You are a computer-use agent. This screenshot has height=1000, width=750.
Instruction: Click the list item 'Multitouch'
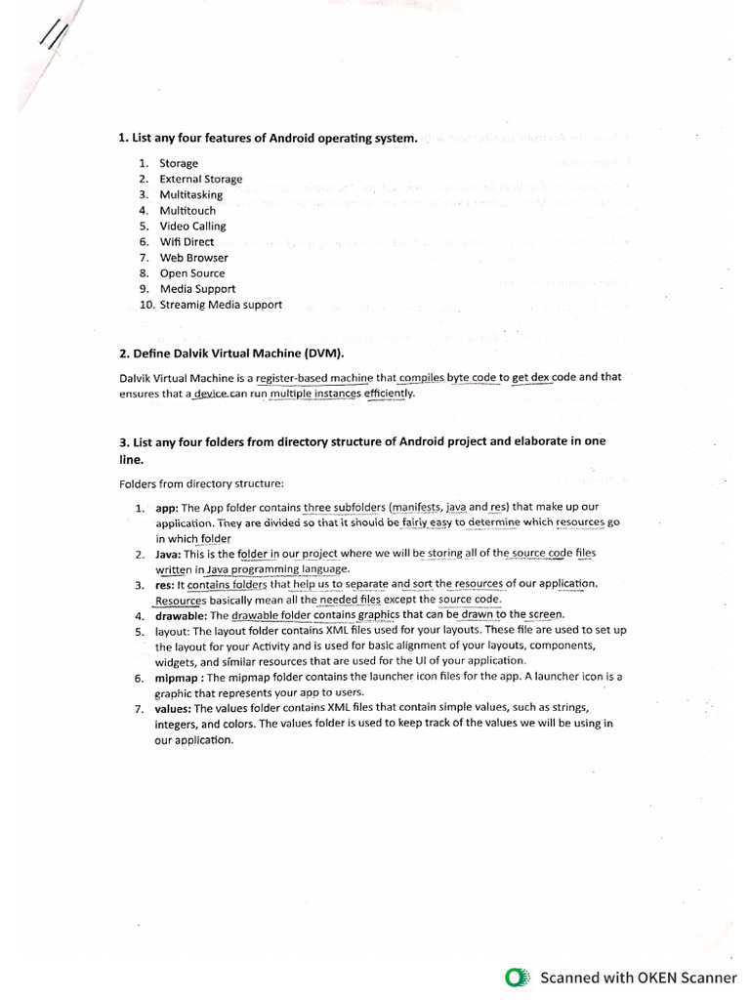tap(187, 210)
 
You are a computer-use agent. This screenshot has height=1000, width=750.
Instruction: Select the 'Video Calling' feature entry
tap(192, 226)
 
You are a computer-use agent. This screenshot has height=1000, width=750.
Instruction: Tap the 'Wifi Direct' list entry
tap(187, 241)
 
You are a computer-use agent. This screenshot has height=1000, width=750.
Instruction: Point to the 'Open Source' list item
tap(192, 273)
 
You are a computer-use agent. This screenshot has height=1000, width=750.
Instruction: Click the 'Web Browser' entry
tap(193, 258)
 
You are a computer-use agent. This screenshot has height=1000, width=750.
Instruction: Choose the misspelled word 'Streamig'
tap(182, 305)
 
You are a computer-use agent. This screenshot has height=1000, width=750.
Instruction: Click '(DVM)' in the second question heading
tap(323, 352)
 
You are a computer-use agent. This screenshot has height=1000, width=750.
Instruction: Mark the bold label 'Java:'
tap(170, 554)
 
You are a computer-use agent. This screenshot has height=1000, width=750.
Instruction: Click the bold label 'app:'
tap(167, 507)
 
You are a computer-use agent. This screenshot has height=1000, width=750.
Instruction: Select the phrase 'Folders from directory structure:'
tap(201, 483)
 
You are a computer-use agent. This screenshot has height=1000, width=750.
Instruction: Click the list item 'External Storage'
tap(201, 179)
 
